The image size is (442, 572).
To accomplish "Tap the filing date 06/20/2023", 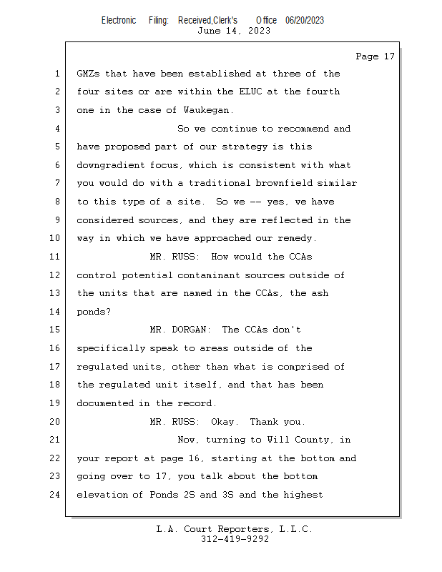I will tap(304, 20).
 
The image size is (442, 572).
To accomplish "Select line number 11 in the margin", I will tap(56, 257).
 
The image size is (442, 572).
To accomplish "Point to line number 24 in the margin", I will tap(56, 494).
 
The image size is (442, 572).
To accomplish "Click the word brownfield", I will tap(288, 184).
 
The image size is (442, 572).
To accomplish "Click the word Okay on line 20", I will tap(225, 421).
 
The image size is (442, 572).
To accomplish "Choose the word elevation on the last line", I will tap(104, 494).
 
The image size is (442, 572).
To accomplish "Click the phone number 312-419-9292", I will tap(235, 539).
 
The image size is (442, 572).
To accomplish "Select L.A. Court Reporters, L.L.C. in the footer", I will tap(235, 529).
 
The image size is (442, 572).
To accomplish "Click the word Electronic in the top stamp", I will tap(119, 20).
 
